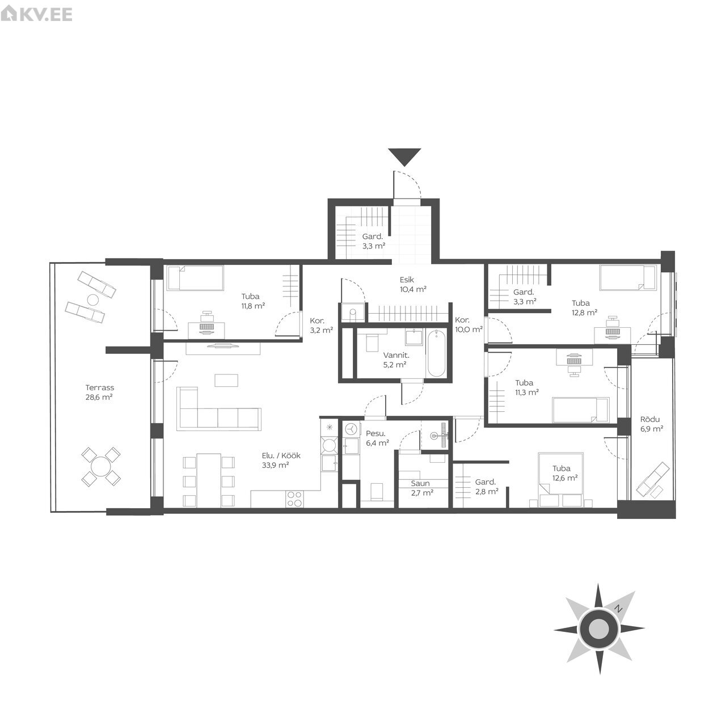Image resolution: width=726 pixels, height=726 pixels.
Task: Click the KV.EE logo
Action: [36, 14]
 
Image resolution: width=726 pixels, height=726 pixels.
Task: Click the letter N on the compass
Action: [617, 619]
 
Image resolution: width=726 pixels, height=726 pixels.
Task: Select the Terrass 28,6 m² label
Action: [99, 392]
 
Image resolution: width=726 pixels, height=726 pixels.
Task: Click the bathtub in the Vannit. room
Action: [436, 353]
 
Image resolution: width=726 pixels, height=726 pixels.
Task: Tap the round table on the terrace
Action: [100, 467]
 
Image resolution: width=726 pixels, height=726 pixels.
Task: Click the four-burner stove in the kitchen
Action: [294, 499]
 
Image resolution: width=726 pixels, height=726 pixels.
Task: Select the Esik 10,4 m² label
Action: [413, 285]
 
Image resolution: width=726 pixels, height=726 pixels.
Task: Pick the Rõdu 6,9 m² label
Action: [651, 424]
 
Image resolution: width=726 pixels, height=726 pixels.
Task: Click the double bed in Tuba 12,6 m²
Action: [561, 479]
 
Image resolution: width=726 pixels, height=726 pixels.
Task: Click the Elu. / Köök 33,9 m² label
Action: [281, 460]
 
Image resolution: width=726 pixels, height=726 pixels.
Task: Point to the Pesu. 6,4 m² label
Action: [377, 438]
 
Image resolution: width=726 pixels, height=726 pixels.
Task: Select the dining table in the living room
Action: [209, 480]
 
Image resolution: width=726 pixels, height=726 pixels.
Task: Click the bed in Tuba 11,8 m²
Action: [195, 278]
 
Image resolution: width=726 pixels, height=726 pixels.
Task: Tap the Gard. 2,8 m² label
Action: [487, 487]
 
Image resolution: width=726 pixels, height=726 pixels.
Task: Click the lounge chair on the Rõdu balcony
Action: [653, 480]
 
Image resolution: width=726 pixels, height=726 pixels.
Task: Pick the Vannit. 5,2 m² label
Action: [395, 360]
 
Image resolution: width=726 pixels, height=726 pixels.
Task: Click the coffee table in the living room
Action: [226, 380]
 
